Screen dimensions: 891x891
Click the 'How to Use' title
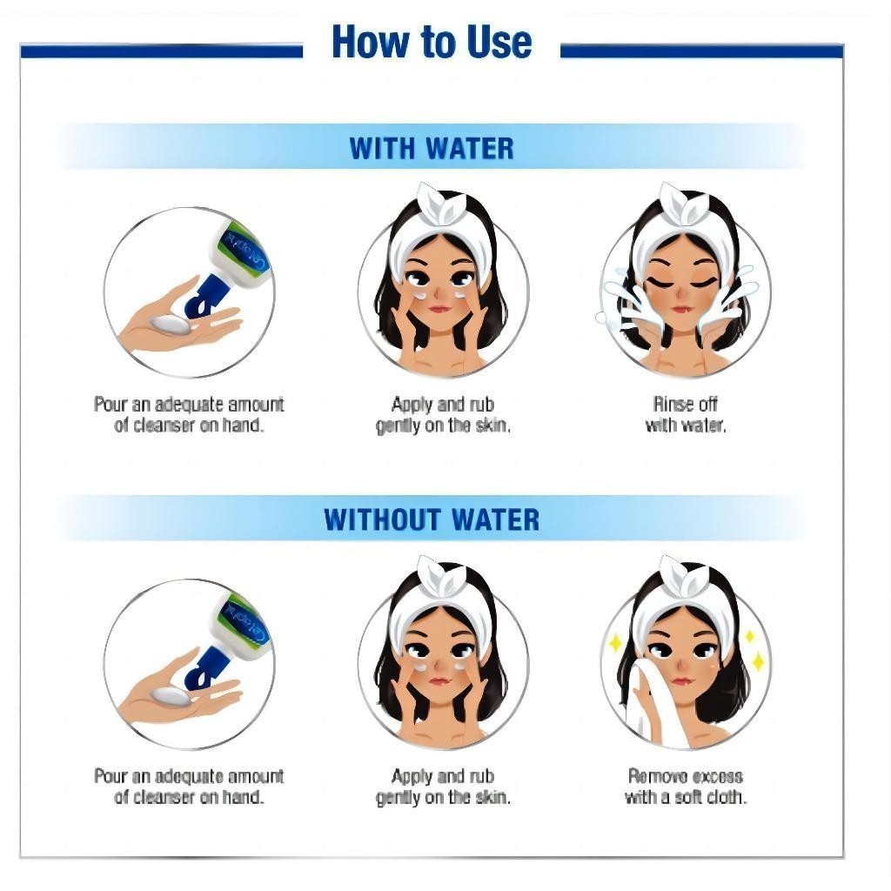pyautogui.click(x=432, y=42)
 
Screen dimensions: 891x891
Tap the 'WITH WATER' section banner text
pyautogui.click(x=432, y=148)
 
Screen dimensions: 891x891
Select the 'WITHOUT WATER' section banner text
pyautogui.click(x=432, y=519)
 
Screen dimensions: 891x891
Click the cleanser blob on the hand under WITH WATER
pyautogui.click(x=169, y=324)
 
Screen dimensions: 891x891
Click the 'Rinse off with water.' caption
pyautogui.click(x=686, y=415)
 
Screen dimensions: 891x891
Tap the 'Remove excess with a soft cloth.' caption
pyautogui.click(x=686, y=787)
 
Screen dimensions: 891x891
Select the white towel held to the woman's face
pyautogui.click(x=647, y=702)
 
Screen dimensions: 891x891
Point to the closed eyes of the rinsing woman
pyautogui.click(x=684, y=283)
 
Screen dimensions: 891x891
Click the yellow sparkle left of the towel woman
pyautogui.click(x=615, y=643)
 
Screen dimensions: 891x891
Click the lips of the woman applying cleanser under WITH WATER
pyautogui.click(x=439, y=309)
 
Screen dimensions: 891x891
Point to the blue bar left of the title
pyautogui.click(x=161, y=51)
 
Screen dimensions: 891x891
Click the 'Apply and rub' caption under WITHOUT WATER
pyautogui.click(x=443, y=776)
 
